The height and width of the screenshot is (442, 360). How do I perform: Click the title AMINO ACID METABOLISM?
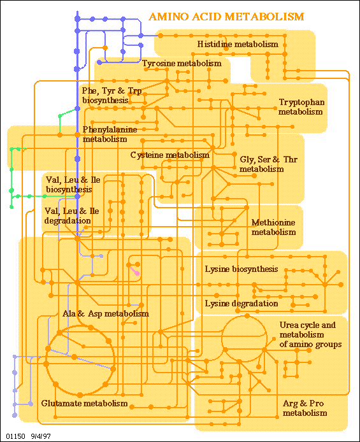pyautogui.click(x=226, y=17)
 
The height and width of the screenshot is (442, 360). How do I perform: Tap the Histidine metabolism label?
pyautogui.click(x=238, y=44)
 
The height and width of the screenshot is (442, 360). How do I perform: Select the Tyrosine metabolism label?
pyautogui.click(x=182, y=64)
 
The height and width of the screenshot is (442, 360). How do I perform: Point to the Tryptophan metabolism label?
pyautogui.click(x=301, y=107)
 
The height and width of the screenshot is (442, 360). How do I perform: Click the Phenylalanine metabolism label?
pyautogui.click(x=110, y=134)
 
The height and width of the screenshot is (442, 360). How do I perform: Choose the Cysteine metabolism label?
pyautogui.click(x=170, y=155)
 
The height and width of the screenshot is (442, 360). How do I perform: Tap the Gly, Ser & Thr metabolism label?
pyautogui.click(x=268, y=164)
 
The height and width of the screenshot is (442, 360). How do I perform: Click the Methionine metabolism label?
pyautogui.click(x=273, y=227)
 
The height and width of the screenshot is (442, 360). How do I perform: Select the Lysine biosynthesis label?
pyautogui.click(x=241, y=269)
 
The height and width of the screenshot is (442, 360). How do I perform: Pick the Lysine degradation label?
pyautogui.click(x=241, y=304)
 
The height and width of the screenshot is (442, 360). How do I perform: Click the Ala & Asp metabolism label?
pyautogui.click(x=105, y=313)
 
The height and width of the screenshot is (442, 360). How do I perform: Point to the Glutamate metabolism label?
pyautogui.click(x=84, y=403)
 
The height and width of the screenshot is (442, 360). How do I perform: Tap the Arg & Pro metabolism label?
pyautogui.click(x=305, y=408)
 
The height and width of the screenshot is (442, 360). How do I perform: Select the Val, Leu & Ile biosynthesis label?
pyautogui.click(x=73, y=185)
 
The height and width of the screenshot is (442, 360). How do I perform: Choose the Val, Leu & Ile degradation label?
pyautogui.click(x=71, y=216)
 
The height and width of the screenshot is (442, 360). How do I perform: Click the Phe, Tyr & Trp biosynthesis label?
pyautogui.click(x=112, y=96)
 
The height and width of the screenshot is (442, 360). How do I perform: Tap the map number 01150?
pyautogui.click(x=13, y=436)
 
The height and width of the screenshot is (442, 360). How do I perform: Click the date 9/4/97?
pyautogui.click(x=41, y=436)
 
